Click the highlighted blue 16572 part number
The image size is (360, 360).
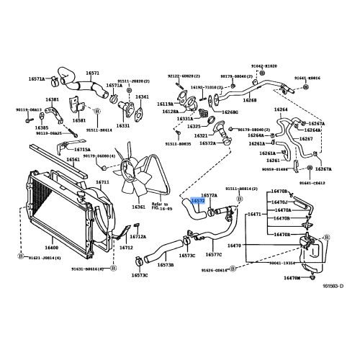click(197, 201)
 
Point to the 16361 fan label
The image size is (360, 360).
click(138, 207)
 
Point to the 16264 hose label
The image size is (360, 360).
click(280, 109)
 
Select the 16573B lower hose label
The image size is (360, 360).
click(166, 265)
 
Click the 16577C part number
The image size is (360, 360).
click(214, 254)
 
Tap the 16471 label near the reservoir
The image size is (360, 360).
click(254, 215)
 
